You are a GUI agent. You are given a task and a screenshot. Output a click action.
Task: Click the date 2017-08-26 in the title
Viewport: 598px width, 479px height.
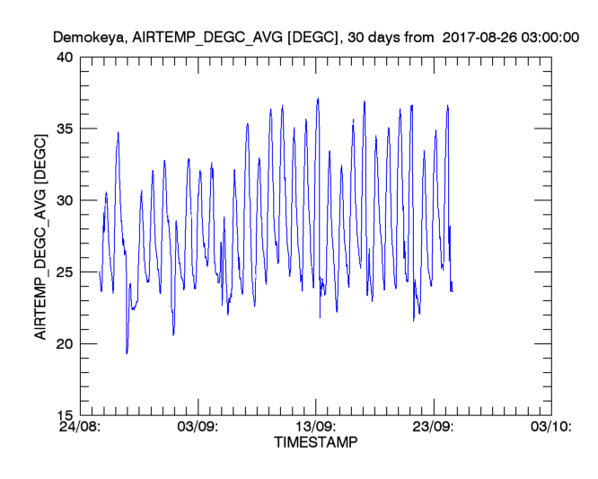tap(481, 38)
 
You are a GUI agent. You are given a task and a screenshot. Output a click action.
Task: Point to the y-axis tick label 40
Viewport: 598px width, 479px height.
tap(64, 58)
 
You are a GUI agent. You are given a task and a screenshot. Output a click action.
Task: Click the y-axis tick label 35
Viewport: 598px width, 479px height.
tap(64, 129)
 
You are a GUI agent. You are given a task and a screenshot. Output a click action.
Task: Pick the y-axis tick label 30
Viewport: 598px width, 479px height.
tap(64, 200)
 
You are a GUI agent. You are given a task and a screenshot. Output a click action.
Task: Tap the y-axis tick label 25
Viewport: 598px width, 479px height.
tap(64, 272)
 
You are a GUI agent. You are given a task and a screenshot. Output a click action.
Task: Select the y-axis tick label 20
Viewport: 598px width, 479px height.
tap(64, 344)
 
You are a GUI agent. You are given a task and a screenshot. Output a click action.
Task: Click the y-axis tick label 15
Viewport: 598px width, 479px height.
tap(64, 415)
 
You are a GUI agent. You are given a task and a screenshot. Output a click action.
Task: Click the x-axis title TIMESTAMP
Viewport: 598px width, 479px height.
tap(315, 443)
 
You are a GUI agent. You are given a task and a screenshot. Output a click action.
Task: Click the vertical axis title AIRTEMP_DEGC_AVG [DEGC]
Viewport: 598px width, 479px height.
tap(40, 235)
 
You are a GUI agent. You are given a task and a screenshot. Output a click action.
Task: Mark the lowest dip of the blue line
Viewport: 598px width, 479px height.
tap(127, 353)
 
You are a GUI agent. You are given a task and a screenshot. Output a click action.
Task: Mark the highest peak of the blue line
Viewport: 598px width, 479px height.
tap(318, 99)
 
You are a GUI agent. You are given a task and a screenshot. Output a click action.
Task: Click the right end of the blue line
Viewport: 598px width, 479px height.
tap(453, 291)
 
